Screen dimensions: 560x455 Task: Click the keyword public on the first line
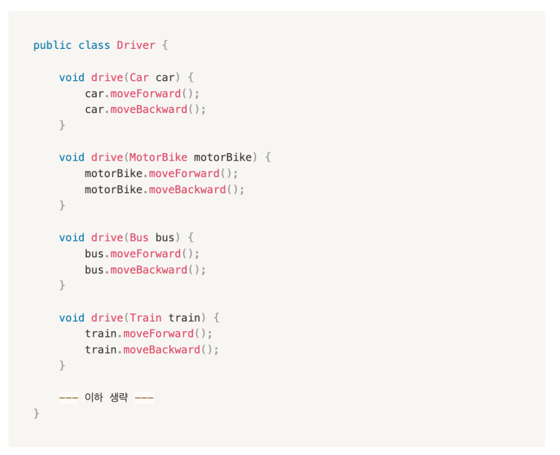click(52, 46)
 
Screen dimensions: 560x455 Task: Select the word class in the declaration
click(94, 45)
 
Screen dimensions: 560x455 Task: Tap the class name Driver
click(136, 45)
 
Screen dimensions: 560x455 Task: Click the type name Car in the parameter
click(139, 77)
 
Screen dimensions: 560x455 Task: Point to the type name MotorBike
click(158, 157)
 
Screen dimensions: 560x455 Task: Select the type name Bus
click(139, 238)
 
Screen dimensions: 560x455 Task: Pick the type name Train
click(145, 317)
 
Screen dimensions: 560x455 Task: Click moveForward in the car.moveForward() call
click(146, 93)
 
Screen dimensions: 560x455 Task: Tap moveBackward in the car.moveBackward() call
click(149, 109)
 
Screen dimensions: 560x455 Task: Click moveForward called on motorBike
click(184, 174)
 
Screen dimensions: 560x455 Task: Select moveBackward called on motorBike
click(187, 190)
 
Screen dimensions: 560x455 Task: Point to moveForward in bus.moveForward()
click(146, 254)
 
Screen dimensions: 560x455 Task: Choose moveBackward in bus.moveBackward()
click(149, 270)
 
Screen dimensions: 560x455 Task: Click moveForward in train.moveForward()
click(158, 333)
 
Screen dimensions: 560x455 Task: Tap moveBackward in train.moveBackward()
click(162, 349)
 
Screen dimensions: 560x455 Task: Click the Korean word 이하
click(93, 397)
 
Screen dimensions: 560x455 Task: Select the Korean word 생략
click(119, 397)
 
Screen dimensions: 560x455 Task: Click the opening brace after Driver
click(165, 46)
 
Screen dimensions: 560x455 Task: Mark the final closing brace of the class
click(36, 413)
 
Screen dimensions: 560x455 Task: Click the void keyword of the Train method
click(71, 317)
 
